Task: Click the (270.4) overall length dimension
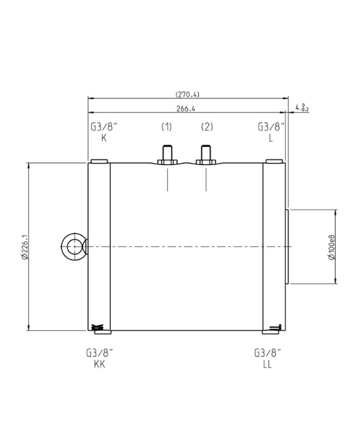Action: [x=187, y=94]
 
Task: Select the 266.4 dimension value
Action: [x=186, y=109]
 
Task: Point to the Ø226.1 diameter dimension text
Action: [x=25, y=247]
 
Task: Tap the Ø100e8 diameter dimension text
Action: [x=332, y=247]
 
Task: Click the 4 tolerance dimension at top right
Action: [x=302, y=108]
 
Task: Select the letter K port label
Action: [x=104, y=138]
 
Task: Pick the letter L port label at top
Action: [x=271, y=138]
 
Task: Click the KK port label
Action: [x=99, y=364]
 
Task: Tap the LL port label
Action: [x=267, y=364]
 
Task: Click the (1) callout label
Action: [x=167, y=127]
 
